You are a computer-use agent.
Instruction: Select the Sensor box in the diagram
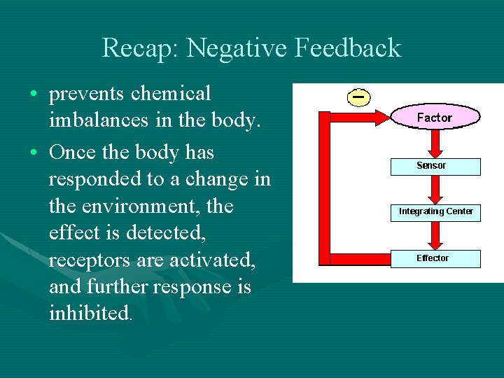(435, 166)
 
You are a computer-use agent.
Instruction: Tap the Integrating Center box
(435, 211)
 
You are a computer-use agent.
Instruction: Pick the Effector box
(435, 258)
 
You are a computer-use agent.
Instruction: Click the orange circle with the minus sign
(358, 97)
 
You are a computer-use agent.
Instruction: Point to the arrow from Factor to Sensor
(435, 143)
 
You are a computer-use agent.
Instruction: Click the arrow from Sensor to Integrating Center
(435, 188)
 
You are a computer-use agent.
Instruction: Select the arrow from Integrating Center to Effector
(435, 235)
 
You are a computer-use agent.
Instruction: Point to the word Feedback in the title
(348, 48)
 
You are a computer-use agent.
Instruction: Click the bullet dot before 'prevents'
(34, 94)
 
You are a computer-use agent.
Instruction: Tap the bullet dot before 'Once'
(34, 153)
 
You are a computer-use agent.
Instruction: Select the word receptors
(89, 260)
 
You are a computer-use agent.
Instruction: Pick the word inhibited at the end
(88, 313)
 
